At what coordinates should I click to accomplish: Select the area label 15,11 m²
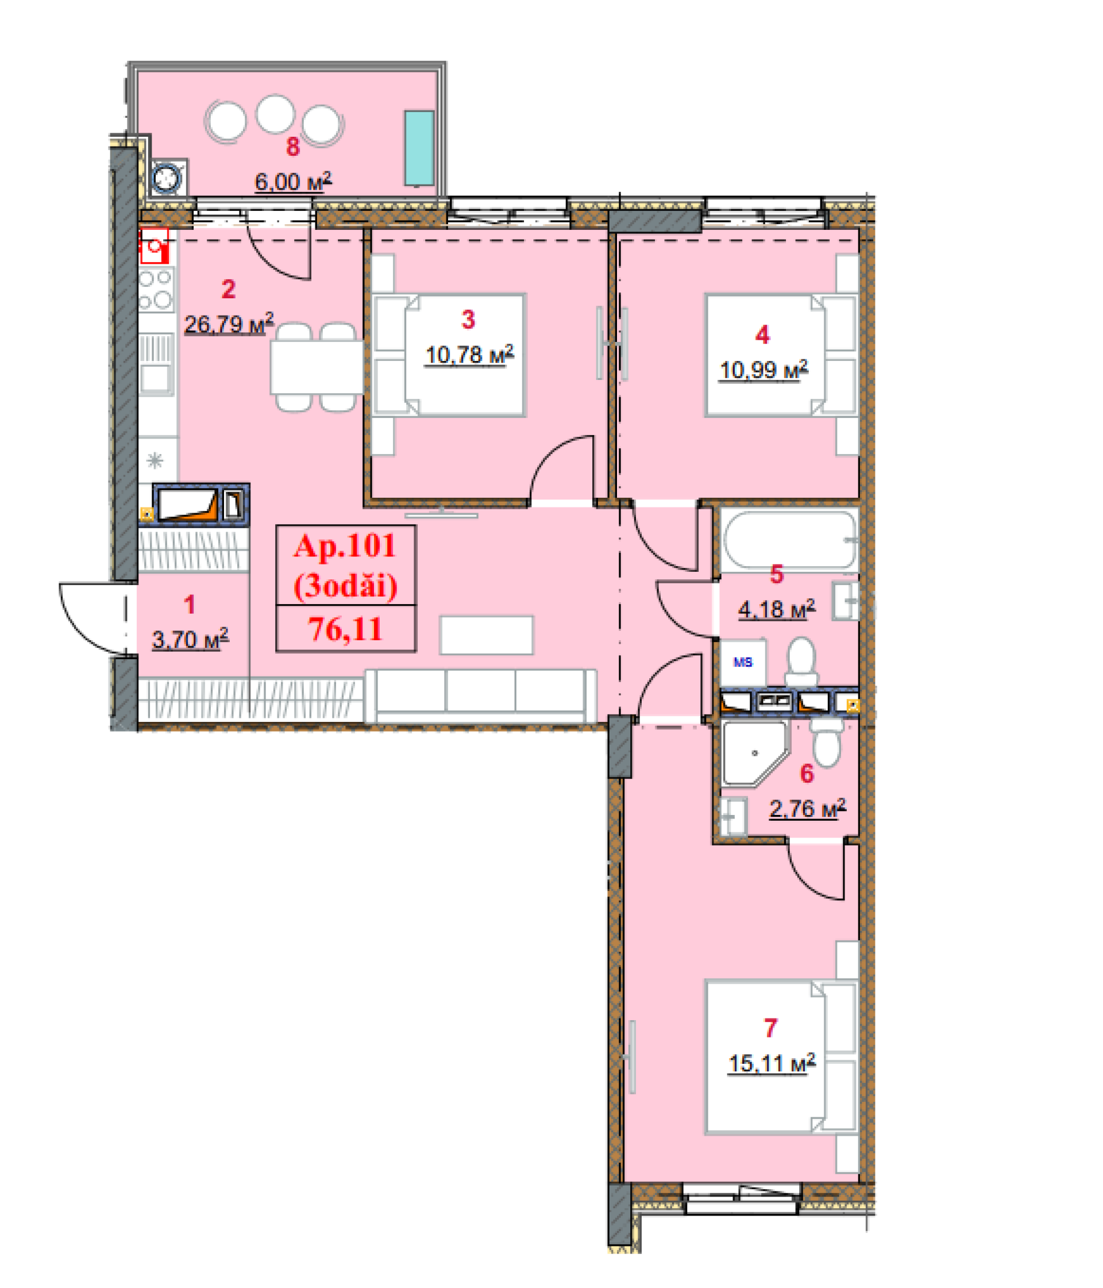point(771,1062)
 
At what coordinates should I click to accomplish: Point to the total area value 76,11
point(345,629)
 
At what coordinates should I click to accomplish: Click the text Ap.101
point(345,546)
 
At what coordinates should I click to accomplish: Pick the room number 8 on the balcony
point(292,147)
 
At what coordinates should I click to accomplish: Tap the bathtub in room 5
point(789,540)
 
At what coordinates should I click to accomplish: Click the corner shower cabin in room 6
point(754,753)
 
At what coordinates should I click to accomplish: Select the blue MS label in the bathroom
point(743,662)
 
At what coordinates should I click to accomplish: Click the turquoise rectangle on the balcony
point(419,148)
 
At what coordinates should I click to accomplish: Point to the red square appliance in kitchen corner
point(154,246)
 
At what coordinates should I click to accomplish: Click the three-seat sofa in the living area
point(481,696)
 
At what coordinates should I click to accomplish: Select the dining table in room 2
point(317,367)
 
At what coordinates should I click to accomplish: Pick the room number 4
point(762,335)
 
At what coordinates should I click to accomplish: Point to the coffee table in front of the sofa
point(486,635)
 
